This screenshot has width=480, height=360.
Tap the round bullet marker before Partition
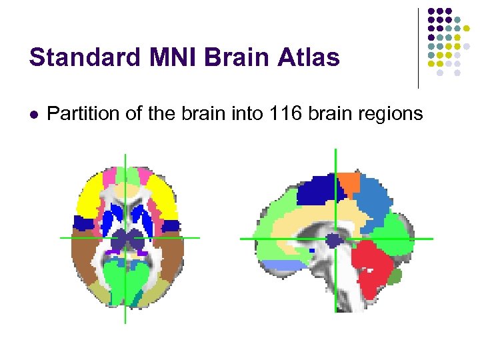[33, 115]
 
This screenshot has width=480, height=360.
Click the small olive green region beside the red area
[395, 275]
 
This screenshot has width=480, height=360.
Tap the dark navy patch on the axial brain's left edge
[83, 224]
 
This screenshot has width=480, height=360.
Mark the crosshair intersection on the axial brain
[125, 237]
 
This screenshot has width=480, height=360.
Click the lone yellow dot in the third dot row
[466, 28]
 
